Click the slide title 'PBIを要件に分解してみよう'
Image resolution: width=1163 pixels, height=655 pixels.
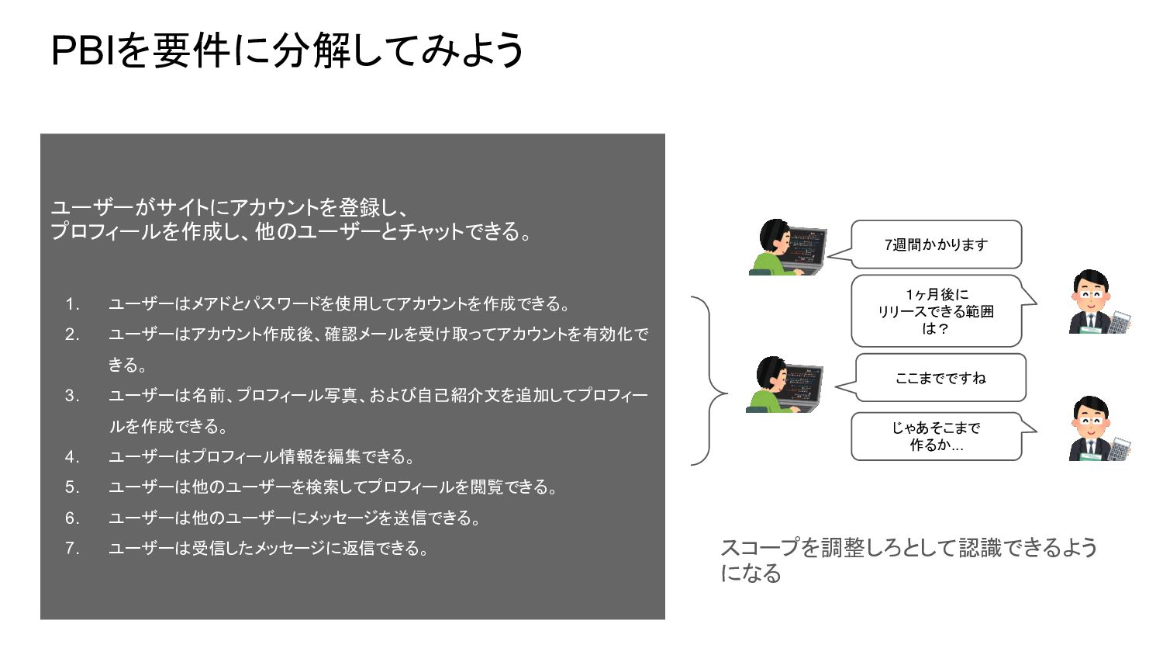click(x=287, y=51)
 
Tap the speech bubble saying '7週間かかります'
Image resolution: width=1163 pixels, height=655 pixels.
click(x=936, y=244)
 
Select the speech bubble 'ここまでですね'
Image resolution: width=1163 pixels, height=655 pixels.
click(x=940, y=378)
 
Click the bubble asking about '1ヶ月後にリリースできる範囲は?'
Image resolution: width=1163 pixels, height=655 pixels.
click(x=936, y=311)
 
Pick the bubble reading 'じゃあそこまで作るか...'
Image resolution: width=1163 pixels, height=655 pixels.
click(x=936, y=436)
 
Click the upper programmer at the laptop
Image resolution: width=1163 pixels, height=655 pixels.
click(x=787, y=248)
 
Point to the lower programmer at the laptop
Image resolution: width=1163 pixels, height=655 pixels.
click(x=782, y=385)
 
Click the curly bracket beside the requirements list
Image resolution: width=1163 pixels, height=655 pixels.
click(x=709, y=381)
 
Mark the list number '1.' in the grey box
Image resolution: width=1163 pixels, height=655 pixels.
click(x=72, y=304)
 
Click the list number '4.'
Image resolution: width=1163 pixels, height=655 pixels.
click(x=72, y=457)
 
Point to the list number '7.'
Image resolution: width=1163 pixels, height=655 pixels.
click(x=72, y=549)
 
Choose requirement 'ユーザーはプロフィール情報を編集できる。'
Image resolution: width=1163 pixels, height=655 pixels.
click(x=262, y=457)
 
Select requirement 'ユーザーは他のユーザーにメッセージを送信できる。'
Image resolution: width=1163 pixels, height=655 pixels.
click(x=295, y=518)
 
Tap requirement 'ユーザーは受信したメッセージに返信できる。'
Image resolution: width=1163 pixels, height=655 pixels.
click(x=268, y=549)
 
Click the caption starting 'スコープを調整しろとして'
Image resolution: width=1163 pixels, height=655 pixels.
click(x=909, y=560)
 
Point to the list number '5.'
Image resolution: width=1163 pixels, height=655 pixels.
click(x=72, y=487)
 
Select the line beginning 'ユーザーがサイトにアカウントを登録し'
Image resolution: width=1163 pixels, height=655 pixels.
click(x=229, y=208)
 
